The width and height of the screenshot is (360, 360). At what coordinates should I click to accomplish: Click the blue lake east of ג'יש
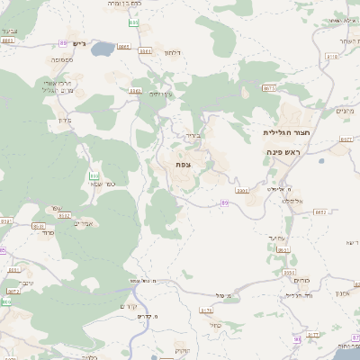[102, 48]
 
